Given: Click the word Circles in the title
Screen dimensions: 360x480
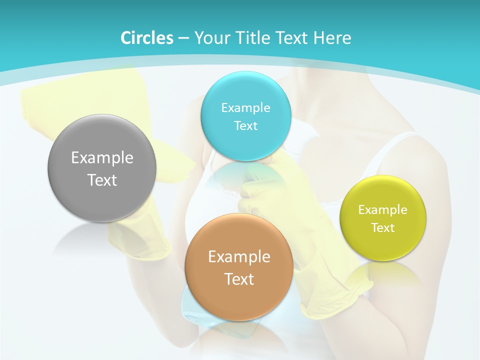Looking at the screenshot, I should click(146, 38).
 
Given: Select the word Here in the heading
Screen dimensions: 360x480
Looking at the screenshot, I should click(333, 38).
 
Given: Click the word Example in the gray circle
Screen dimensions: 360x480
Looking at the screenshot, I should click(102, 158).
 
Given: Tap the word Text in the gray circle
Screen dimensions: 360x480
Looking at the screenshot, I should click(102, 180).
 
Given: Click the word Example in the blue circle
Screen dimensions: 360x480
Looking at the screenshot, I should click(246, 108).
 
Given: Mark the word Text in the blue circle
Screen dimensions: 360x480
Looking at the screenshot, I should click(246, 125).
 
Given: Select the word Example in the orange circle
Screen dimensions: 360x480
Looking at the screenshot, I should click(239, 257).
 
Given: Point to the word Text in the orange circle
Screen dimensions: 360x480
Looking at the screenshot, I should click(239, 279).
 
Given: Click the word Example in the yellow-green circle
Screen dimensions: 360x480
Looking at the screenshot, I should click(383, 210).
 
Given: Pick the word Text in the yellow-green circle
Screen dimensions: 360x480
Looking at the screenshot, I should click(383, 228).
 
